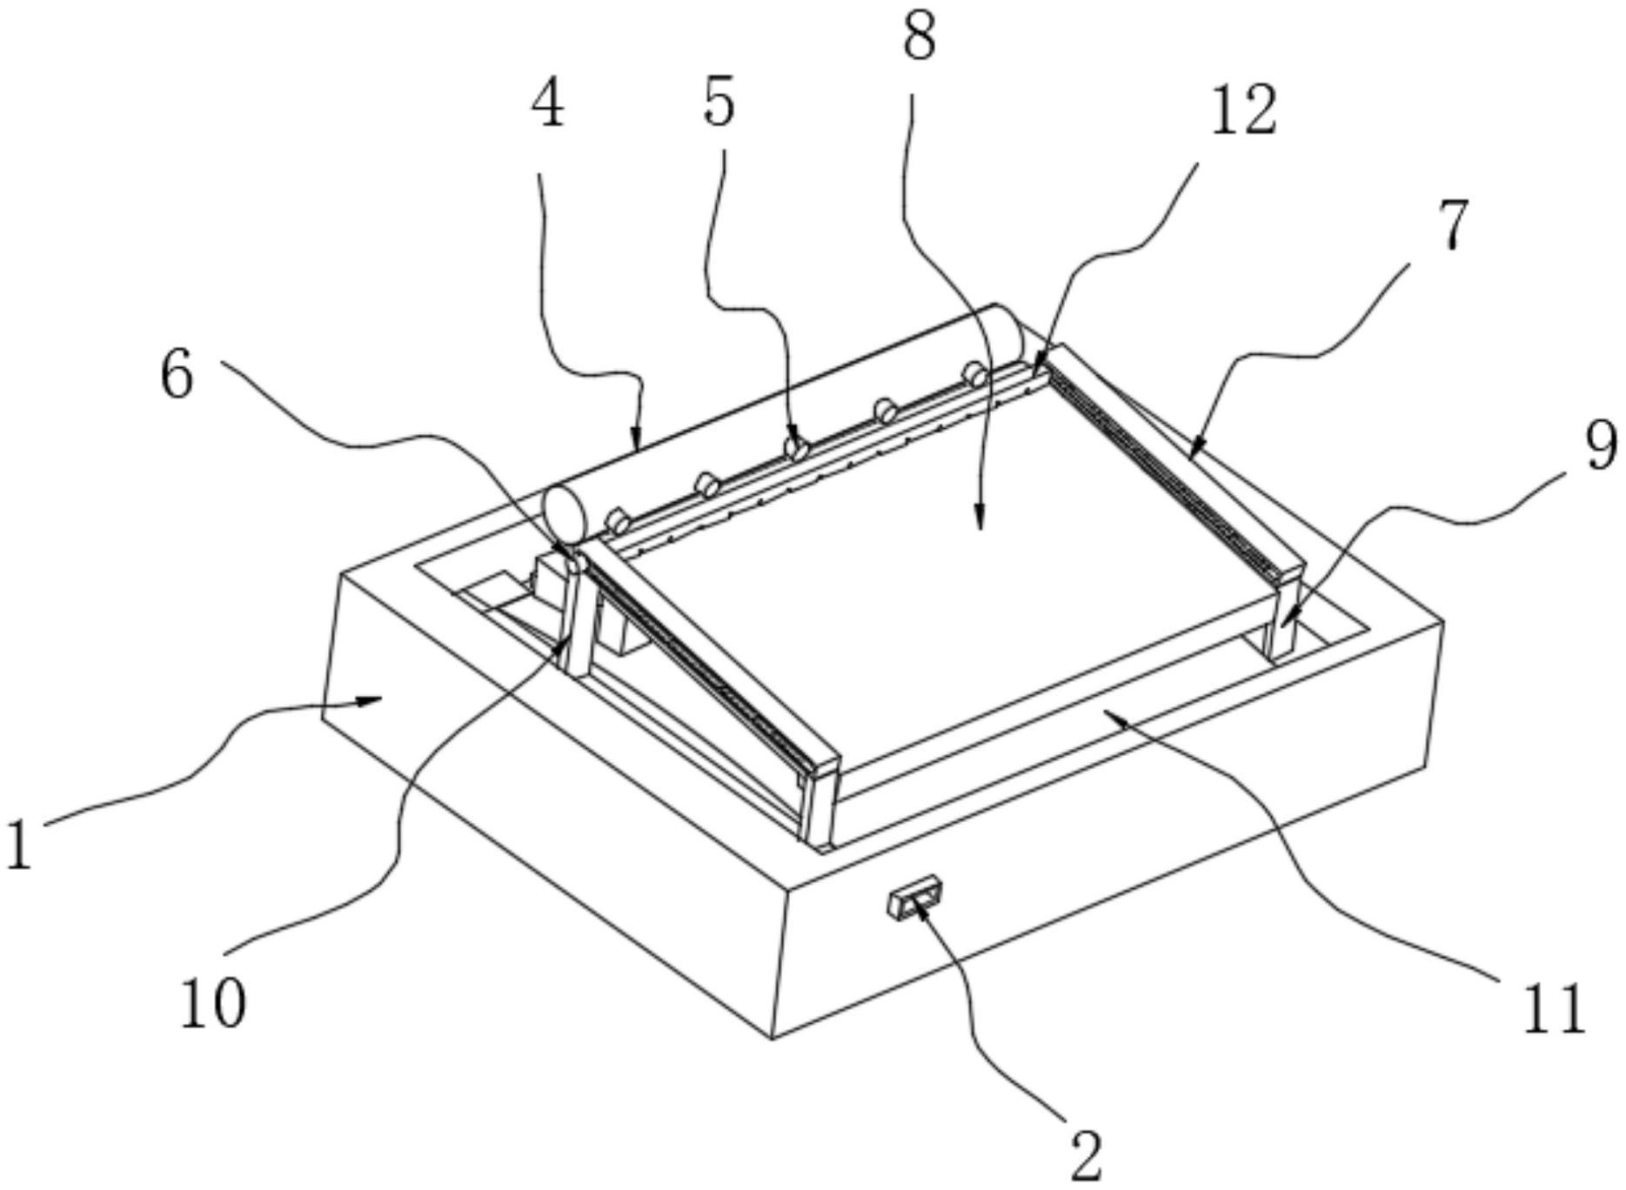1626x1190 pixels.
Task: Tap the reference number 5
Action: [x=719, y=103]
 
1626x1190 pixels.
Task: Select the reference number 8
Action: [x=919, y=37]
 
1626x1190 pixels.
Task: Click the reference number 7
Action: [x=1452, y=224]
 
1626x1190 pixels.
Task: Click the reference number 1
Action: [x=19, y=846]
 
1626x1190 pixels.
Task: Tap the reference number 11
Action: [x=1554, y=1009]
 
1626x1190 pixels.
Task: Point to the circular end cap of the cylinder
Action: [x=564, y=516]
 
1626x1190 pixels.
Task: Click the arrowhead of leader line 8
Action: [x=980, y=520]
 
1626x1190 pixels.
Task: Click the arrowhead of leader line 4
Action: [x=636, y=437]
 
